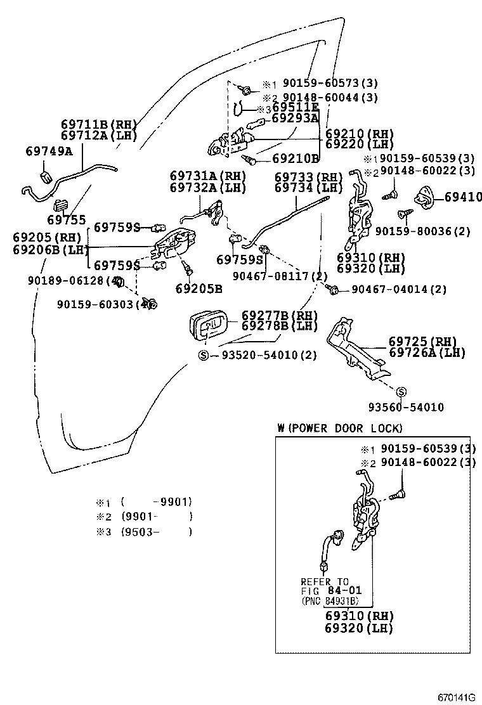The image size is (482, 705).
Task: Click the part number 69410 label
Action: pyautogui.click(x=463, y=198)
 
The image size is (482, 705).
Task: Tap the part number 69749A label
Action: pyautogui.click(x=49, y=151)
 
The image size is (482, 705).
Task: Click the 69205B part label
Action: pyautogui.click(x=199, y=289)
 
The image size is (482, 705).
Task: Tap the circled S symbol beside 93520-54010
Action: pyautogui.click(x=204, y=355)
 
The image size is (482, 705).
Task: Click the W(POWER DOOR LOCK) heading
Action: pyautogui.click(x=339, y=428)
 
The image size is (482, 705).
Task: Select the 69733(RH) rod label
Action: pyautogui.click(x=308, y=177)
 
